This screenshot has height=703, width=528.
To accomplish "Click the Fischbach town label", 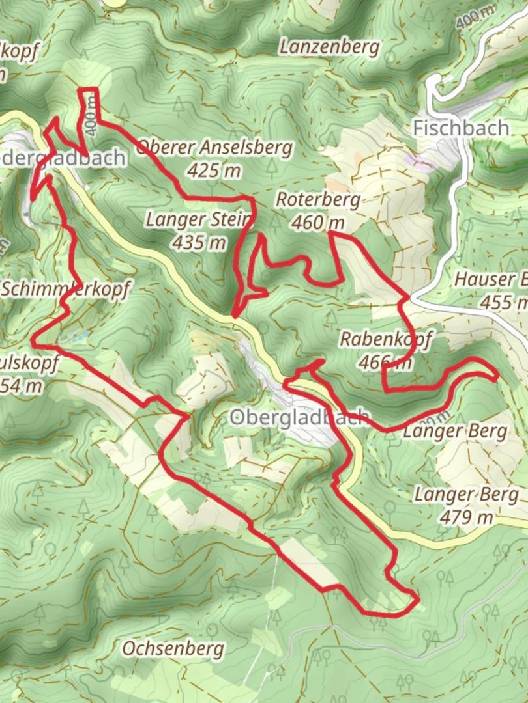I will (461, 128).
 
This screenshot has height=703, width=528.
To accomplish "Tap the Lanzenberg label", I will (329, 47).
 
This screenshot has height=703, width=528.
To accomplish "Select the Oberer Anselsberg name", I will (214, 148).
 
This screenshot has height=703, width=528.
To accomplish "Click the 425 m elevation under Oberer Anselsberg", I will (214, 171).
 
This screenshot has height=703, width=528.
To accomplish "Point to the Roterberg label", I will (317, 199).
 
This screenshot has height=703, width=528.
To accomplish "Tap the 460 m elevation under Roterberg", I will (317, 223).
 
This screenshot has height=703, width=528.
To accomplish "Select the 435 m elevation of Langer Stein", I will (199, 243).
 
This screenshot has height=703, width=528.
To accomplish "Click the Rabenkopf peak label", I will (386, 339).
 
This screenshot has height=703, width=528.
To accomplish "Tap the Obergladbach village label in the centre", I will (299, 417).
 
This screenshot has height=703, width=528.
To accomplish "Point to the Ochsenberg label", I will (173, 648).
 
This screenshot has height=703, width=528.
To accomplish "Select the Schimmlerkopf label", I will (65, 288).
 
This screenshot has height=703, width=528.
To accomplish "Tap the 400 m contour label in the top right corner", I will (475, 19).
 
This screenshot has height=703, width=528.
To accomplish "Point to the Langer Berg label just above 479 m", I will (467, 495).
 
